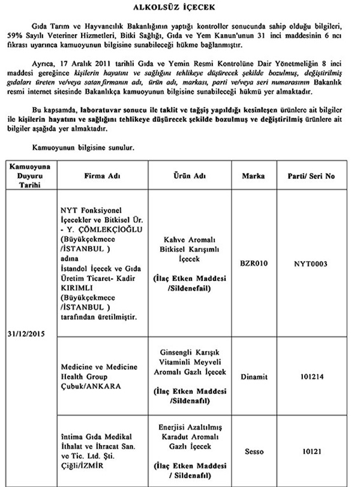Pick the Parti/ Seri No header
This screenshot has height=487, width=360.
pyautogui.click(x=314, y=178)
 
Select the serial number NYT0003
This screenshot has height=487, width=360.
pyautogui.click(x=314, y=262)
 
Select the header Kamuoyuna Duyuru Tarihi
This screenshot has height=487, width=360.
pyautogui.click(x=29, y=178)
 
